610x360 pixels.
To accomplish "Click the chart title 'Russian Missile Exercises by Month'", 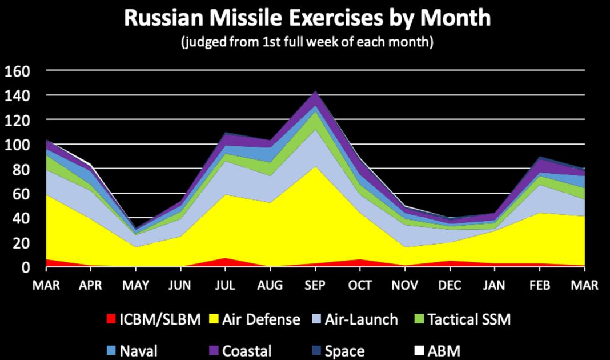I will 307,18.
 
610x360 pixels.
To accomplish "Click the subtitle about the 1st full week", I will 307,42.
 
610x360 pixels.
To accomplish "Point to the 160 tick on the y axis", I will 18,71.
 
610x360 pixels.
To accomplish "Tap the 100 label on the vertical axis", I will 18,145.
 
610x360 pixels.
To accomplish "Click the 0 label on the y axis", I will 26,267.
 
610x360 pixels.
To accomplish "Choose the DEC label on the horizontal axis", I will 451,285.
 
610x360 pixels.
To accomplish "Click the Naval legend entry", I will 138,350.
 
